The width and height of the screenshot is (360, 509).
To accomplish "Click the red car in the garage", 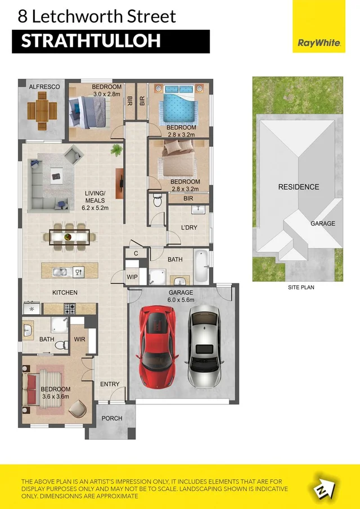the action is point(157,346).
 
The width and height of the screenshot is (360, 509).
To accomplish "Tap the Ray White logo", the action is point(319,43).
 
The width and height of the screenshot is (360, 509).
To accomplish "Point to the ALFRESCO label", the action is point(44,87).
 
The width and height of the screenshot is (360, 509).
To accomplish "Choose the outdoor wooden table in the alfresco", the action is point(42,111).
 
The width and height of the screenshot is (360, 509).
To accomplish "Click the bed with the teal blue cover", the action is point(178,104).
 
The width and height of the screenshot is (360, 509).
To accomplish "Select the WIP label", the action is point(132,277).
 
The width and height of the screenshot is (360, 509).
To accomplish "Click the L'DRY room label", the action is point(189,228).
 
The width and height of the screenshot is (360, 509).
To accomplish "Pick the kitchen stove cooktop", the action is point(70,309).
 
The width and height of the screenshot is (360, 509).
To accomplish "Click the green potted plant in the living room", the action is point(116,150).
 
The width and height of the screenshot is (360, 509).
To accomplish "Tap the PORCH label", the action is point(112,418).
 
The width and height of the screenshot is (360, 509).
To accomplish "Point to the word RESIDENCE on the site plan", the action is point(299,187).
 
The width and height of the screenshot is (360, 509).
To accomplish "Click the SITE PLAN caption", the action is point(301,287).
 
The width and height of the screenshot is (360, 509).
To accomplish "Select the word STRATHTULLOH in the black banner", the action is point(91,41).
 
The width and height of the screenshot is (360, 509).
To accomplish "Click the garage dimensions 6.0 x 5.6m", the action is point(181,300).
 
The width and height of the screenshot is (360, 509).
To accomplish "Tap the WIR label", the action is point(79,339).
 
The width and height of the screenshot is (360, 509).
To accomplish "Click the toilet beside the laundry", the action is point(157,201).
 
